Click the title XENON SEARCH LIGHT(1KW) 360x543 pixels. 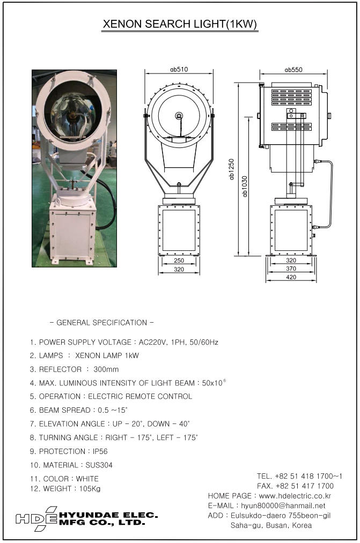pos(180,25)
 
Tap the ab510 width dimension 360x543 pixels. pos(179,69)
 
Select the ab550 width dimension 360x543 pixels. pos(293,69)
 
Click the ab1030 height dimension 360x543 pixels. pos(245,186)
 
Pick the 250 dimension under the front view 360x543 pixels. pos(179,261)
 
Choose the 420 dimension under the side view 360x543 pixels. pos(291,277)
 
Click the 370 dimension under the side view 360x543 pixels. pos(291,269)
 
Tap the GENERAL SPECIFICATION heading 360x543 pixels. pos(101,323)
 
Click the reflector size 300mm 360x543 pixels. pos(106,369)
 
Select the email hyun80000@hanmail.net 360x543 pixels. pos(291,505)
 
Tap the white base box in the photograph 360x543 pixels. pos(72,232)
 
